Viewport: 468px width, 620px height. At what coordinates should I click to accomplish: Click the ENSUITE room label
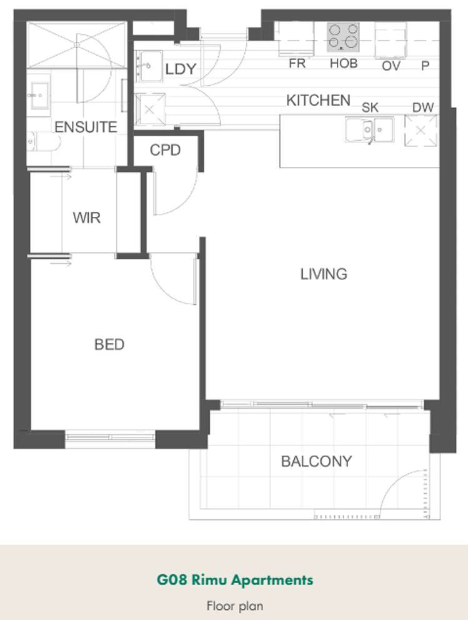point(86,127)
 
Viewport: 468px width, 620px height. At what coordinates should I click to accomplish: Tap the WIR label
point(87,218)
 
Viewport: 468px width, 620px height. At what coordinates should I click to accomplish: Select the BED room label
point(109,344)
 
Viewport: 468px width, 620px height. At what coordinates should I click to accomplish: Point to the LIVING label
point(324,274)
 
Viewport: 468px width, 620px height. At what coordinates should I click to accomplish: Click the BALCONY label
point(316,461)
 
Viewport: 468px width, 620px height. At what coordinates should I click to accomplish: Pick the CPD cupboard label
point(165,150)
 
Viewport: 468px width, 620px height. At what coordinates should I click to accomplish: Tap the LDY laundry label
point(181,69)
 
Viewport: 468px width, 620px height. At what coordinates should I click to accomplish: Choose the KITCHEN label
point(318,101)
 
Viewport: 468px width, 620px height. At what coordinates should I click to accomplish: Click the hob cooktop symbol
point(343,37)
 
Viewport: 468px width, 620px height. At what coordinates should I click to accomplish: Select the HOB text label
point(344,63)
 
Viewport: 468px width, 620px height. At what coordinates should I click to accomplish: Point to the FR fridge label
point(297,63)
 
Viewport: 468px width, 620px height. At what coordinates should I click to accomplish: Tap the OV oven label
point(391,66)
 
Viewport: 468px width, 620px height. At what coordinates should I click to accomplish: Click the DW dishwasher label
point(423,107)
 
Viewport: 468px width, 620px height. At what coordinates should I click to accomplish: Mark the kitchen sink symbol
point(369,130)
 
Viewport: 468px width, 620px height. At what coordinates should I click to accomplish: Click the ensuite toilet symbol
point(44,142)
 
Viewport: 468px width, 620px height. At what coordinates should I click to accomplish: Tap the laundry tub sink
point(151,66)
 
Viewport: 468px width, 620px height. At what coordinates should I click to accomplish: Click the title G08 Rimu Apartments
point(235,580)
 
